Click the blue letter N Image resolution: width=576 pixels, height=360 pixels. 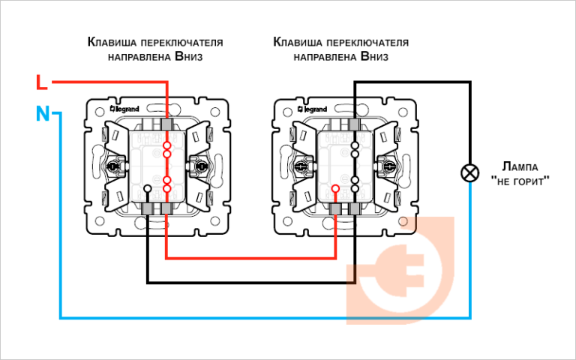tap(43, 114)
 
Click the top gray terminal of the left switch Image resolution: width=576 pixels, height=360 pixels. tap(166, 121)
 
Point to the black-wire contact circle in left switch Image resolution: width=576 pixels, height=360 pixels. tap(148, 188)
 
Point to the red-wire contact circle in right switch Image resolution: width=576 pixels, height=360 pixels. tap(335, 188)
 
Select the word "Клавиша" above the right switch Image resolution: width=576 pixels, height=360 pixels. tap(296, 41)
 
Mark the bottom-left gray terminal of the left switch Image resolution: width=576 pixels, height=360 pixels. tap(148, 208)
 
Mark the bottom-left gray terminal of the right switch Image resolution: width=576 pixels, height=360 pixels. tap(335, 208)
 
